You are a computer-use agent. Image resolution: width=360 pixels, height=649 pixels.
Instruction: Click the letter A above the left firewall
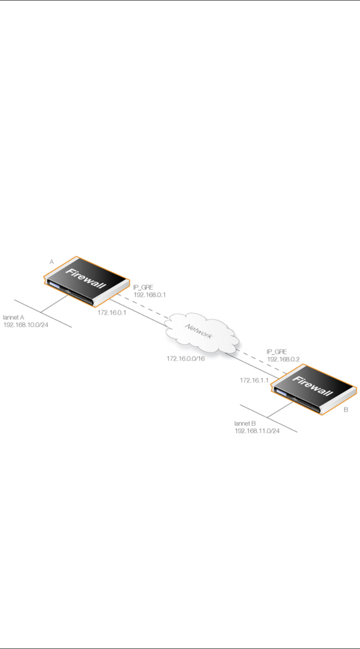[x=51, y=263]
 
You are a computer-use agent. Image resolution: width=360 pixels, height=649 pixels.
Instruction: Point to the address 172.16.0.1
[x=112, y=313]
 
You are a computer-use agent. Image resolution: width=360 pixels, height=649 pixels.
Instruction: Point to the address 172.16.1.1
[x=254, y=380]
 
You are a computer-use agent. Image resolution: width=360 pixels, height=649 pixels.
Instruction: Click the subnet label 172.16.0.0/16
[x=186, y=359]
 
